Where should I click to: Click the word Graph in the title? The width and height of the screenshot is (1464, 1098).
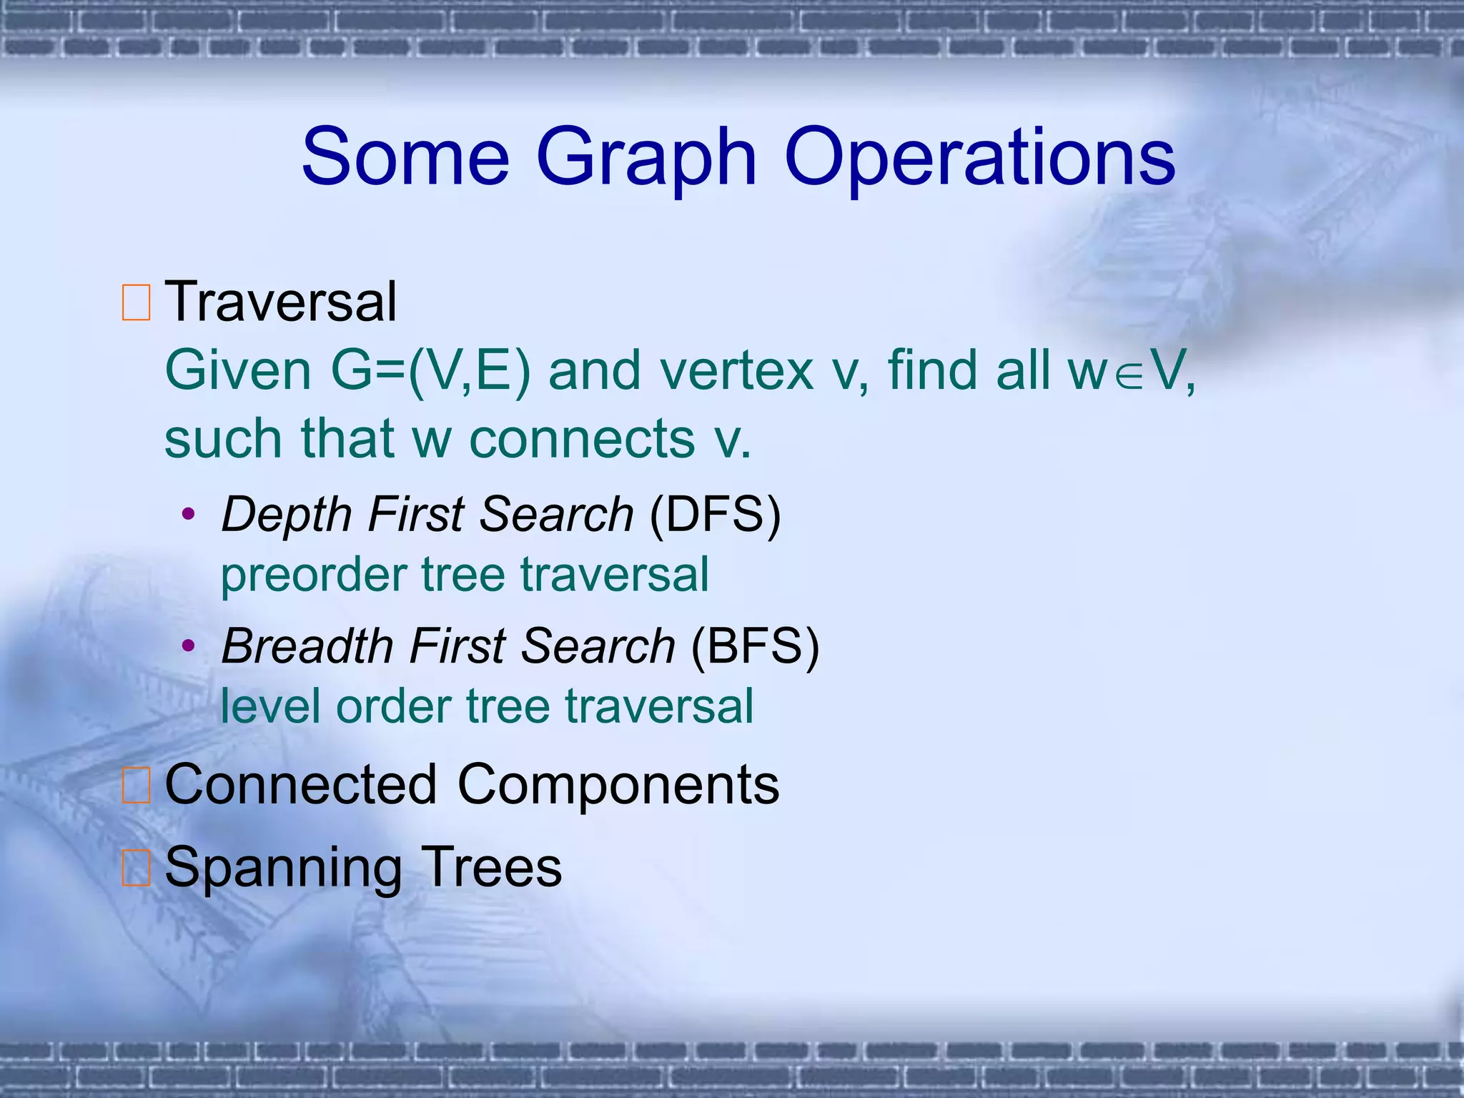tap(646, 159)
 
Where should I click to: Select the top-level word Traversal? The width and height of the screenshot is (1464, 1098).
tap(281, 302)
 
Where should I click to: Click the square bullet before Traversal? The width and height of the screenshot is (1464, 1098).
tap(136, 302)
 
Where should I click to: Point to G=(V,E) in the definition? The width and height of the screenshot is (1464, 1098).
tap(430, 371)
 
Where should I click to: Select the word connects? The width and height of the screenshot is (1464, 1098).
tap(582, 438)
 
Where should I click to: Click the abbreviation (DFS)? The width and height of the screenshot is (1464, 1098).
tap(715, 514)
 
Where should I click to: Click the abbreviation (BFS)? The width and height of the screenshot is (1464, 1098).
tap(755, 646)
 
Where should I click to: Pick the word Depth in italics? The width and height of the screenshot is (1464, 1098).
tap(286, 515)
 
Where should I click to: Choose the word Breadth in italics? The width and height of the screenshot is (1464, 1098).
tap(307, 646)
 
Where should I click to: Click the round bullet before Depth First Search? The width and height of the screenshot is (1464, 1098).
tap(188, 514)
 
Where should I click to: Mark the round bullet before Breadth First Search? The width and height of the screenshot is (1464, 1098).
tap(188, 646)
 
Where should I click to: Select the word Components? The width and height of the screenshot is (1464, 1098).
tap(618, 785)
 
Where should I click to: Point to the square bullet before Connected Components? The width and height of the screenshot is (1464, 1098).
tap(136, 786)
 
